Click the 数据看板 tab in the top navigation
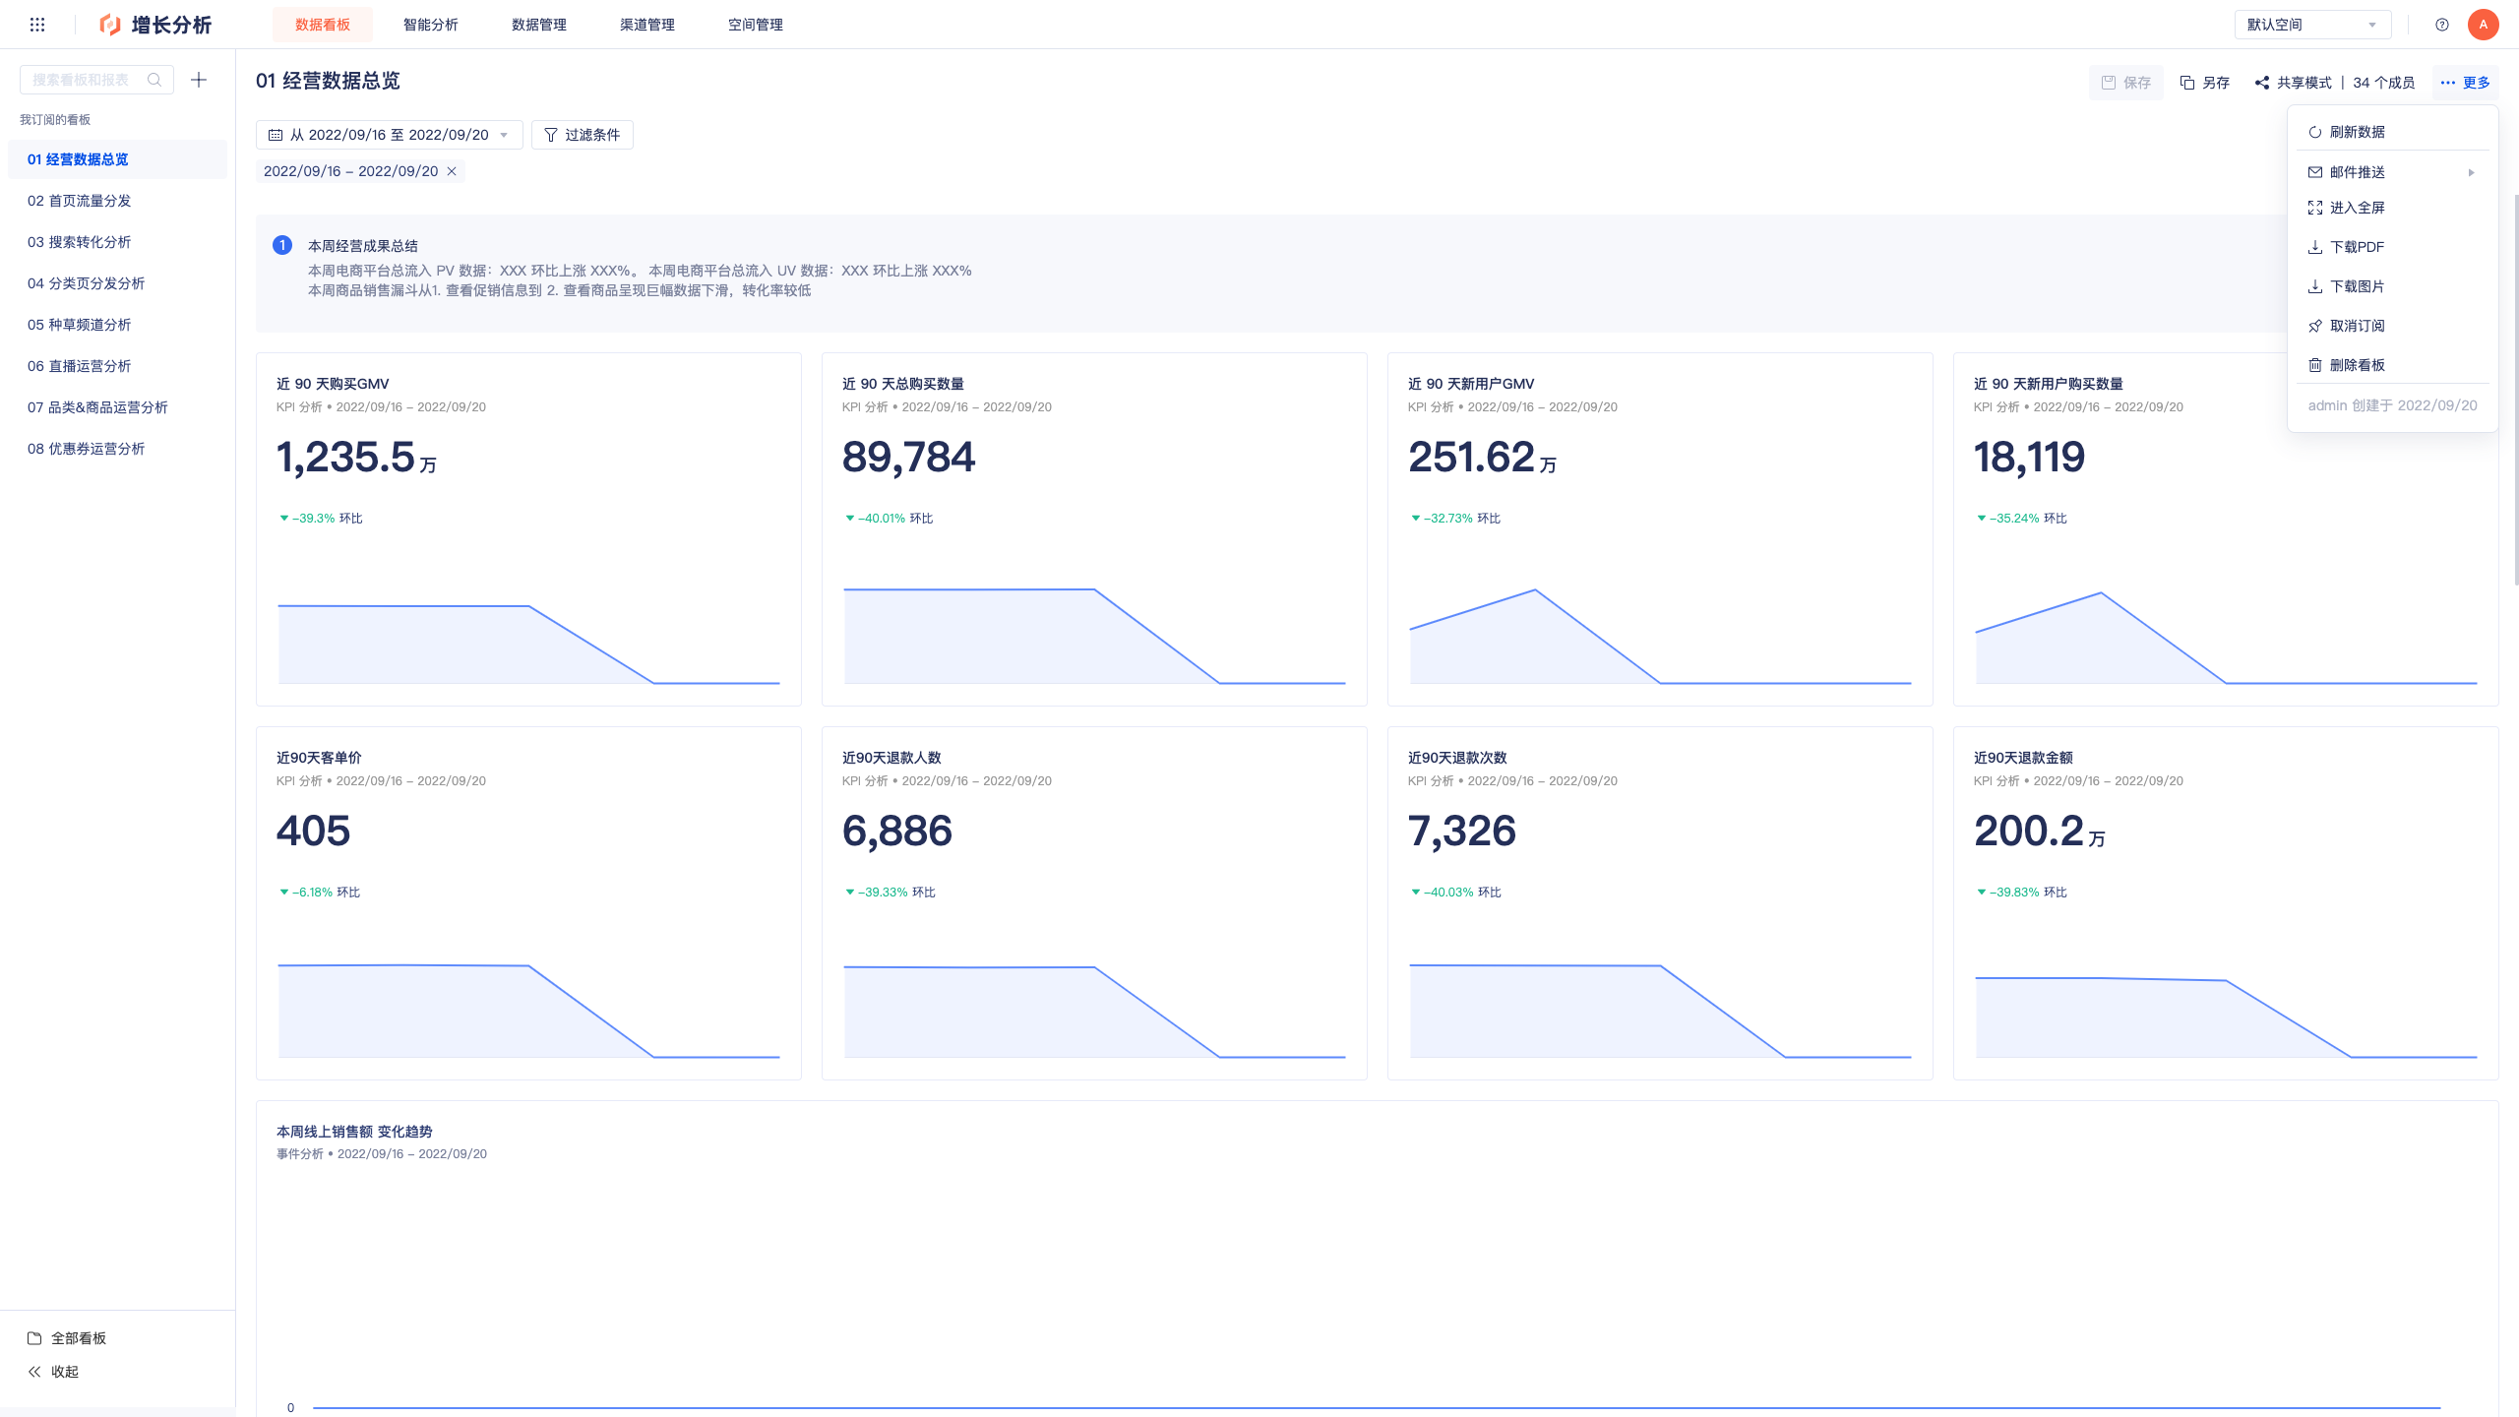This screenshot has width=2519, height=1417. [x=323, y=25]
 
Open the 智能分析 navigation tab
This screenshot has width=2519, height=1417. [x=431, y=25]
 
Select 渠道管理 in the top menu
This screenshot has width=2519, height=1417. [x=647, y=25]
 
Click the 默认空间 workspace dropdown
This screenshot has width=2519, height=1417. [x=2312, y=25]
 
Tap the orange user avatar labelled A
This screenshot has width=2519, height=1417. [x=2483, y=25]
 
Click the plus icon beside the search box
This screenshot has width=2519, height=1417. [x=199, y=80]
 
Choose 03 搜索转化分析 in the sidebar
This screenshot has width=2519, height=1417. [x=79, y=242]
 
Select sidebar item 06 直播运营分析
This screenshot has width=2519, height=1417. [x=79, y=366]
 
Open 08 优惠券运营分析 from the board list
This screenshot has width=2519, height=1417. [x=86, y=449]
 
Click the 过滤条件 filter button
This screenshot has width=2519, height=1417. [x=583, y=135]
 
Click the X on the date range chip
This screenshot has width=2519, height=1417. [x=452, y=171]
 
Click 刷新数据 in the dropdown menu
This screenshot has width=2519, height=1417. [x=2357, y=132]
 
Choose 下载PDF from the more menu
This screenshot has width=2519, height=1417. [x=2357, y=247]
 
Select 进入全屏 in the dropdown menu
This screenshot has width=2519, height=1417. [x=2357, y=208]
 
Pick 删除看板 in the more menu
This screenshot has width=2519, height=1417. [x=2357, y=365]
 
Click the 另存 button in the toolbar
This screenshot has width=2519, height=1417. [x=2205, y=83]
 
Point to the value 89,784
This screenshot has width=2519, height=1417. [x=908, y=458]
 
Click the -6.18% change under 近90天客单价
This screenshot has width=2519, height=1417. [x=312, y=893]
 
